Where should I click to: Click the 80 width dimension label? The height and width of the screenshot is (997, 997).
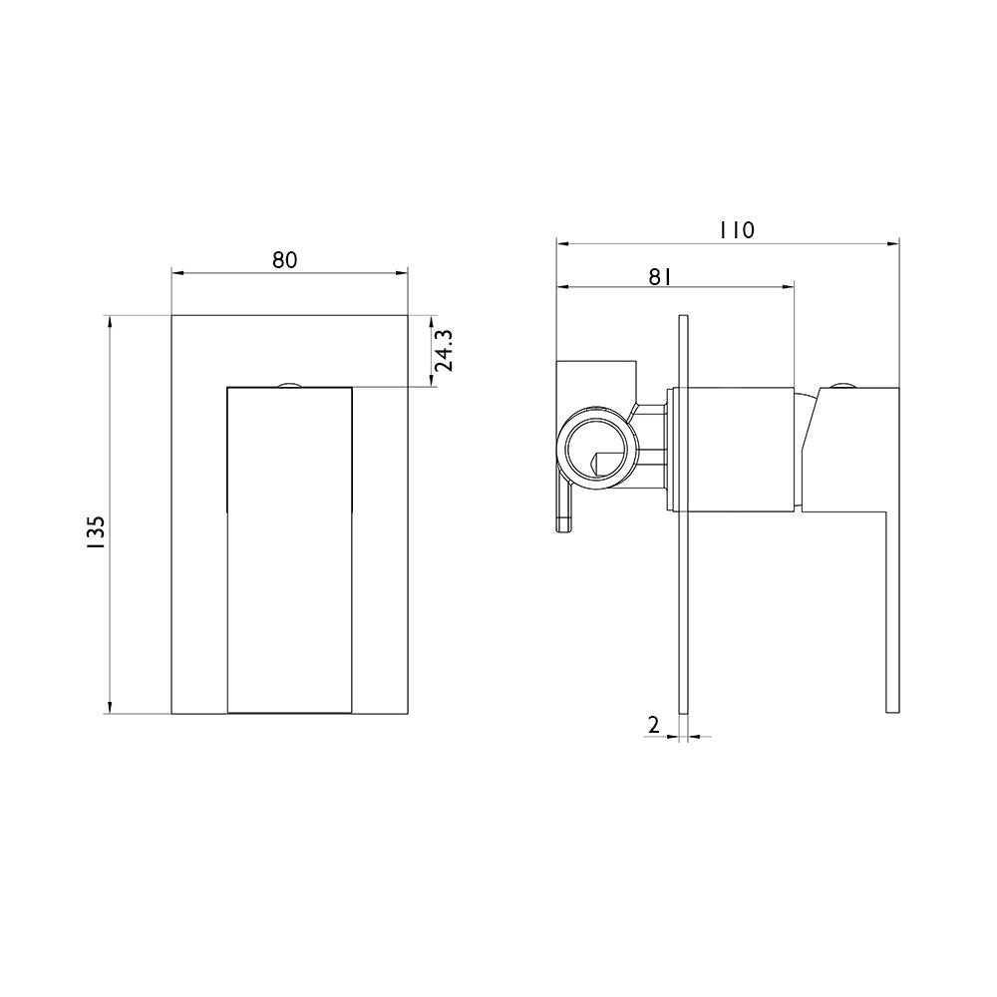point(285,259)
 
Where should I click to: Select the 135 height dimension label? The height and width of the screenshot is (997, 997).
point(97,532)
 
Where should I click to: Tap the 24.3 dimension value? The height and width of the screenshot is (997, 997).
point(443,350)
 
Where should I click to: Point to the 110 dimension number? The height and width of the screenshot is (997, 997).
point(737,229)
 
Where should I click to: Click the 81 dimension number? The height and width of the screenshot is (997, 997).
point(661,275)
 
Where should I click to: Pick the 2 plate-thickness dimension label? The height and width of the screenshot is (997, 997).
point(653,724)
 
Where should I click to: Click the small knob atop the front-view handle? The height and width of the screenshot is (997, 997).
point(289,384)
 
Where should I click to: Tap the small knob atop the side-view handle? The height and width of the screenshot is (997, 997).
point(842,384)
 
